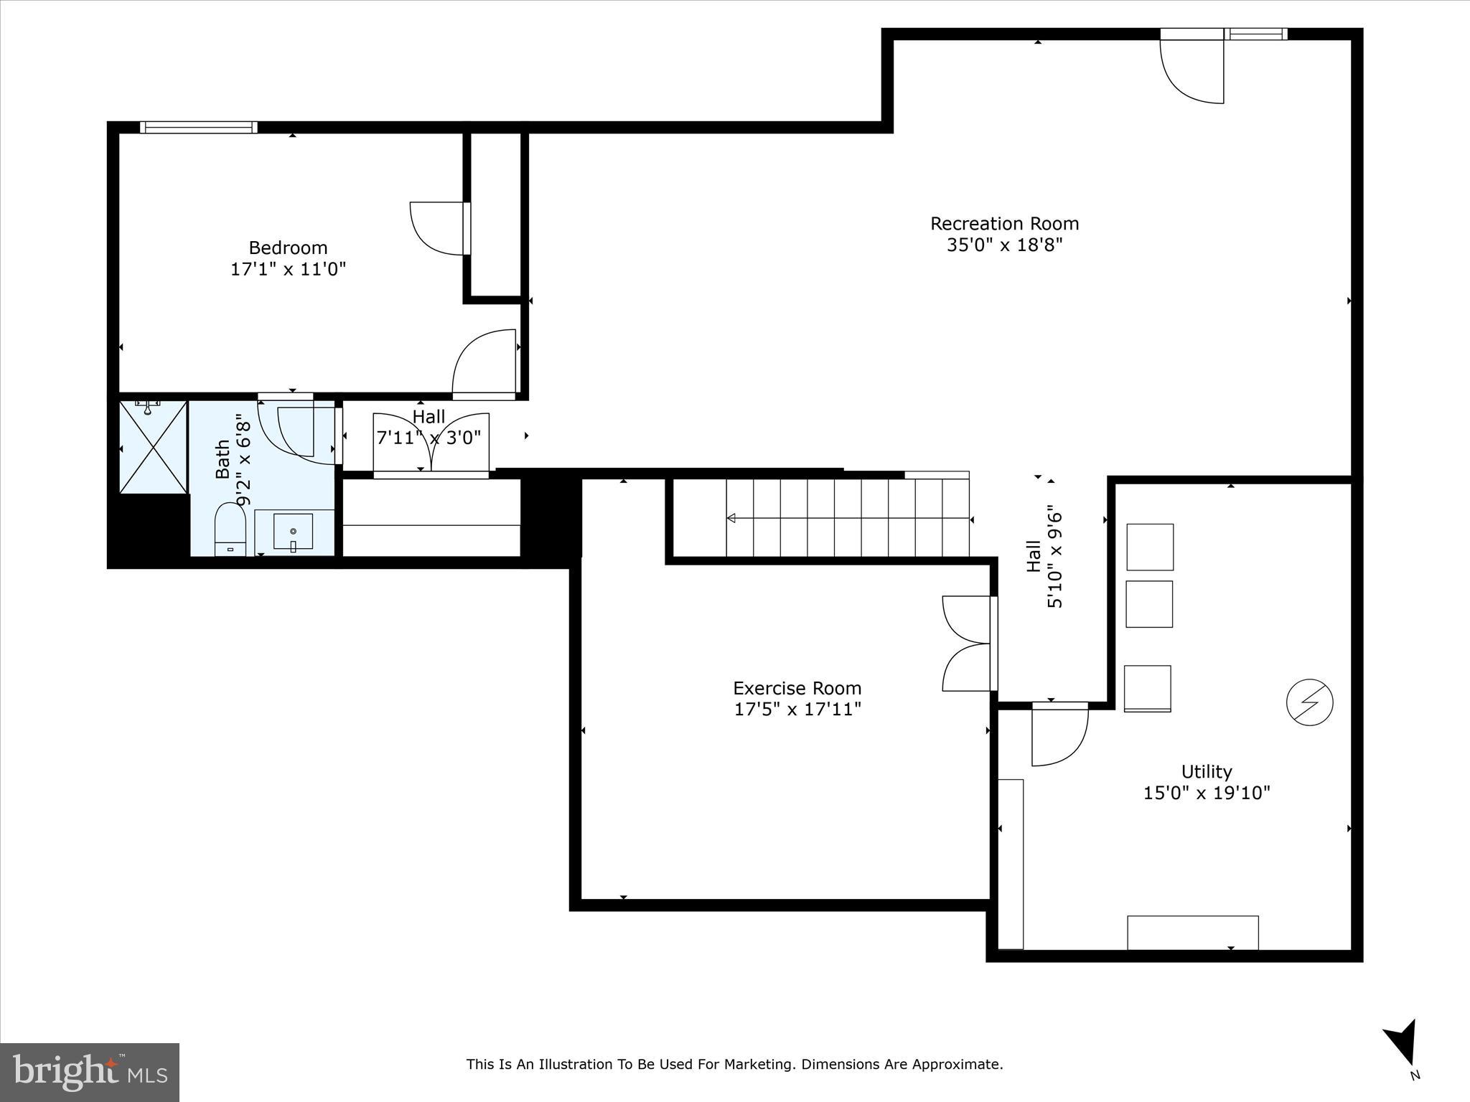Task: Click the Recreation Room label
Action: (x=1004, y=224)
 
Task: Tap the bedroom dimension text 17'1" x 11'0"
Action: (x=288, y=270)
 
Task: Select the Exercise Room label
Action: (x=797, y=688)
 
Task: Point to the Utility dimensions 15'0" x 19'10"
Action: (x=1207, y=793)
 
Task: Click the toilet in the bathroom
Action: (x=230, y=529)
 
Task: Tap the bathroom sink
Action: (x=293, y=532)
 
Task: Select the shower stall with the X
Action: (x=153, y=447)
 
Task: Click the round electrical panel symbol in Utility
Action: (x=1309, y=702)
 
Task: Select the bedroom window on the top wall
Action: (x=198, y=128)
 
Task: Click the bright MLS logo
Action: (x=90, y=1072)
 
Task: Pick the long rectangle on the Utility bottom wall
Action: (x=1192, y=932)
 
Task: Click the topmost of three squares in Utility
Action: (x=1149, y=547)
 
